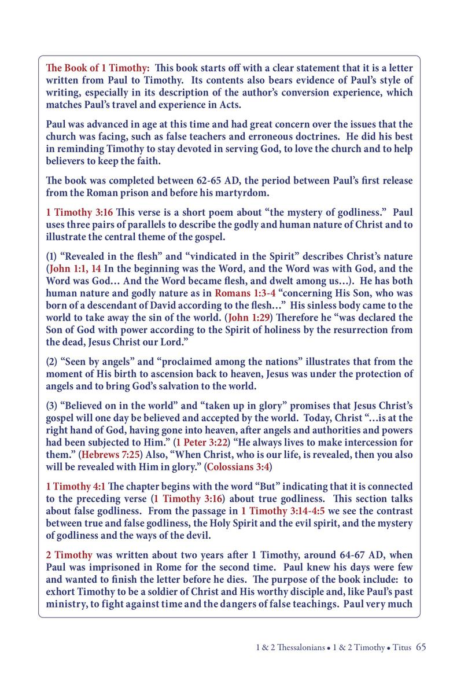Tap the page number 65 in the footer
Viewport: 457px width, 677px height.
(421, 647)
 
